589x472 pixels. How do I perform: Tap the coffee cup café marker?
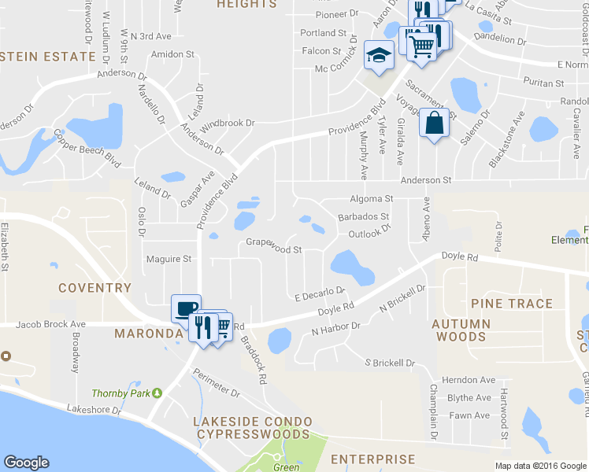[x=186, y=308]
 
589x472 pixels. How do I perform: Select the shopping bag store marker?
[x=434, y=124]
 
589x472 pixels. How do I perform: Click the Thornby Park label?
[x=120, y=393]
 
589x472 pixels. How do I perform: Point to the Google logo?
[x=26, y=463]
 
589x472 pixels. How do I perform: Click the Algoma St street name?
[x=372, y=199]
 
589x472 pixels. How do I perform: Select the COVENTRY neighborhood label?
[x=94, y=288]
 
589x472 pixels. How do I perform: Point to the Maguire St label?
[x=169, y=258]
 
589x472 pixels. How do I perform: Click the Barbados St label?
[x=363, y=216]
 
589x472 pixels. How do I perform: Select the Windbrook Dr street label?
[x=228, y=124]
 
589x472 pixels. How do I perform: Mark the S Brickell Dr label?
[x=389, y=363]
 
